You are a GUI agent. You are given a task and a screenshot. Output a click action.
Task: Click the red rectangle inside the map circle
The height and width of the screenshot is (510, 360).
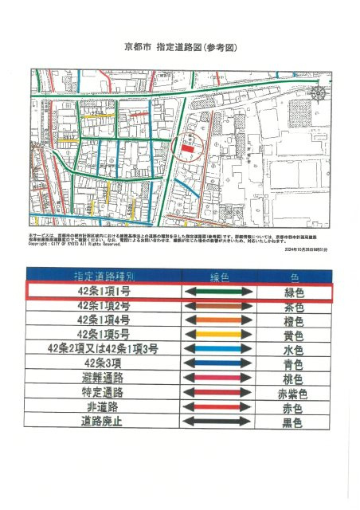tap(187, 148)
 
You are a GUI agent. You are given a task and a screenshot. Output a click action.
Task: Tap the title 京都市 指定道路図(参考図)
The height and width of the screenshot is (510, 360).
tap(180, 47)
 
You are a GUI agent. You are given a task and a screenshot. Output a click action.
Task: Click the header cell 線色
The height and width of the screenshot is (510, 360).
tap(218, 277)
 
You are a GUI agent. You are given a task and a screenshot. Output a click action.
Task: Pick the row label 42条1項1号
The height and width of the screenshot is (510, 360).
tap(104, 292)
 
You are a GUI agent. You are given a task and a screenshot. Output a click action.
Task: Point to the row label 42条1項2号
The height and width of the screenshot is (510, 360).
tap(104, 306)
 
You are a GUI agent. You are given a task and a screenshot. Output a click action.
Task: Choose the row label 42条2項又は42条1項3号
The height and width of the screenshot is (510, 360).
tap(104, 348)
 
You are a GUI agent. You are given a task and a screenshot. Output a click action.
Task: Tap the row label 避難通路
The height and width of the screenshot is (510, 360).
tap(104, 377)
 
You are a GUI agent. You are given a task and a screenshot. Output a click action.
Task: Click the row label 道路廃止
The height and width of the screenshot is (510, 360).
tap(104, 420)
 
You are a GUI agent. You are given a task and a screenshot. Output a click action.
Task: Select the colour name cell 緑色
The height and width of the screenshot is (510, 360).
tap(294, 292)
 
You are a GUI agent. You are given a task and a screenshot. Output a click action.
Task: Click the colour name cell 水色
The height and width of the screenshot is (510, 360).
tap(294, 349)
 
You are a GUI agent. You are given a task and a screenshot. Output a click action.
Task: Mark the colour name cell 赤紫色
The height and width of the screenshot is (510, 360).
tap(294, 392)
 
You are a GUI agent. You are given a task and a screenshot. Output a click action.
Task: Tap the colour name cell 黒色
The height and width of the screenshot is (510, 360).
tap(294, 421)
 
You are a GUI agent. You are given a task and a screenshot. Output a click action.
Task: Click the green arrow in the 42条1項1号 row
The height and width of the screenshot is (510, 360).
tap(218, 292)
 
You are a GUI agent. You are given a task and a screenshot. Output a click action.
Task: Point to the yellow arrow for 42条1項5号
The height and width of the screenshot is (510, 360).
tap(218, 335)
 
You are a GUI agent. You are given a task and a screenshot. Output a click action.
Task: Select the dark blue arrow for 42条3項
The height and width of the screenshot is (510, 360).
tap(218, 363)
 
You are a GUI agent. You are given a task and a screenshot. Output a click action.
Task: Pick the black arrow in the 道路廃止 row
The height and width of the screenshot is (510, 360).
tap(218, 421)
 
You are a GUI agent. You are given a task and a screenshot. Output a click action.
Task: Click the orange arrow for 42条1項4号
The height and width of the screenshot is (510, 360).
tap(218, 320)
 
